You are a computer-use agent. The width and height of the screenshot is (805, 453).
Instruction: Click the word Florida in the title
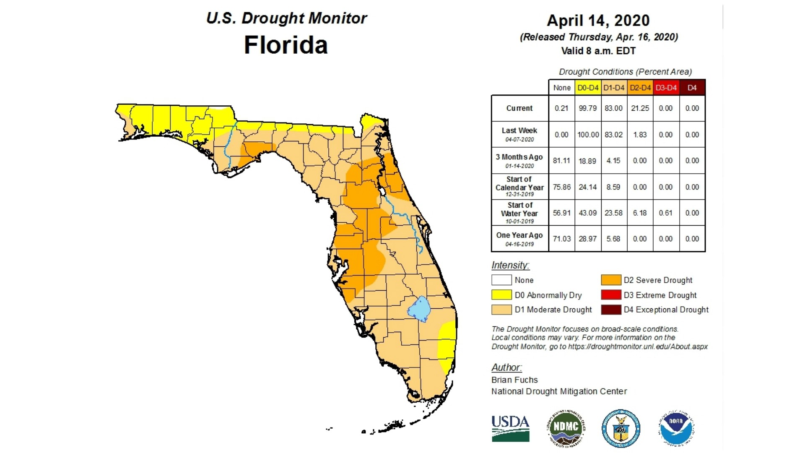(286, 45)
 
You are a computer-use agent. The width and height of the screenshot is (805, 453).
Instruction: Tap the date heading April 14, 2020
(598, 21)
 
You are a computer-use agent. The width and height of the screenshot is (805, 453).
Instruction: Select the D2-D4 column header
(640, 88)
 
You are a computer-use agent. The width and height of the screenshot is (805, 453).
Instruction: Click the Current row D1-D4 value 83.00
(613, 108)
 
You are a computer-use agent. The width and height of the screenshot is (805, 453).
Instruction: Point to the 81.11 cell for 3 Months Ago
(561, 161)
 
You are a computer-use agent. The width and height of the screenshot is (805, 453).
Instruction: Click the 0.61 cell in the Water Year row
(666, 213)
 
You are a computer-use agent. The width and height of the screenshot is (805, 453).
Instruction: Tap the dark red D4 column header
(692, 88)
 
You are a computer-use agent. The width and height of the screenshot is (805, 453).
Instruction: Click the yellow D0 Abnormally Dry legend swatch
(501, 295)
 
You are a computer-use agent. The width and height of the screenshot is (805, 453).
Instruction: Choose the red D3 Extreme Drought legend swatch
(611, 295)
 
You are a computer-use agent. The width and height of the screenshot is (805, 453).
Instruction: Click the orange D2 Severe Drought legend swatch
(611, 280)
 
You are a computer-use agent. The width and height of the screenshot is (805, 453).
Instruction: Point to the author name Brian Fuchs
(514, 380)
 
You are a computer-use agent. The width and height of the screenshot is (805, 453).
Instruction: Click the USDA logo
(510, 428)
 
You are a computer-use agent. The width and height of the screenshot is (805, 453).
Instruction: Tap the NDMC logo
(566, 428)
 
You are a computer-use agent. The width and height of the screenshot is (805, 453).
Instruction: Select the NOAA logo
(676, 428)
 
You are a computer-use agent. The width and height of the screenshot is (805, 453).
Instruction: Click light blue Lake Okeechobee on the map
(419, 309)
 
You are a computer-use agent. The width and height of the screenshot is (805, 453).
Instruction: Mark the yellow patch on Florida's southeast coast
(447, 342)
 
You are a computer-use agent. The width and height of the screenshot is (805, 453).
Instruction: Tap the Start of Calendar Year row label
(519, 187)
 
